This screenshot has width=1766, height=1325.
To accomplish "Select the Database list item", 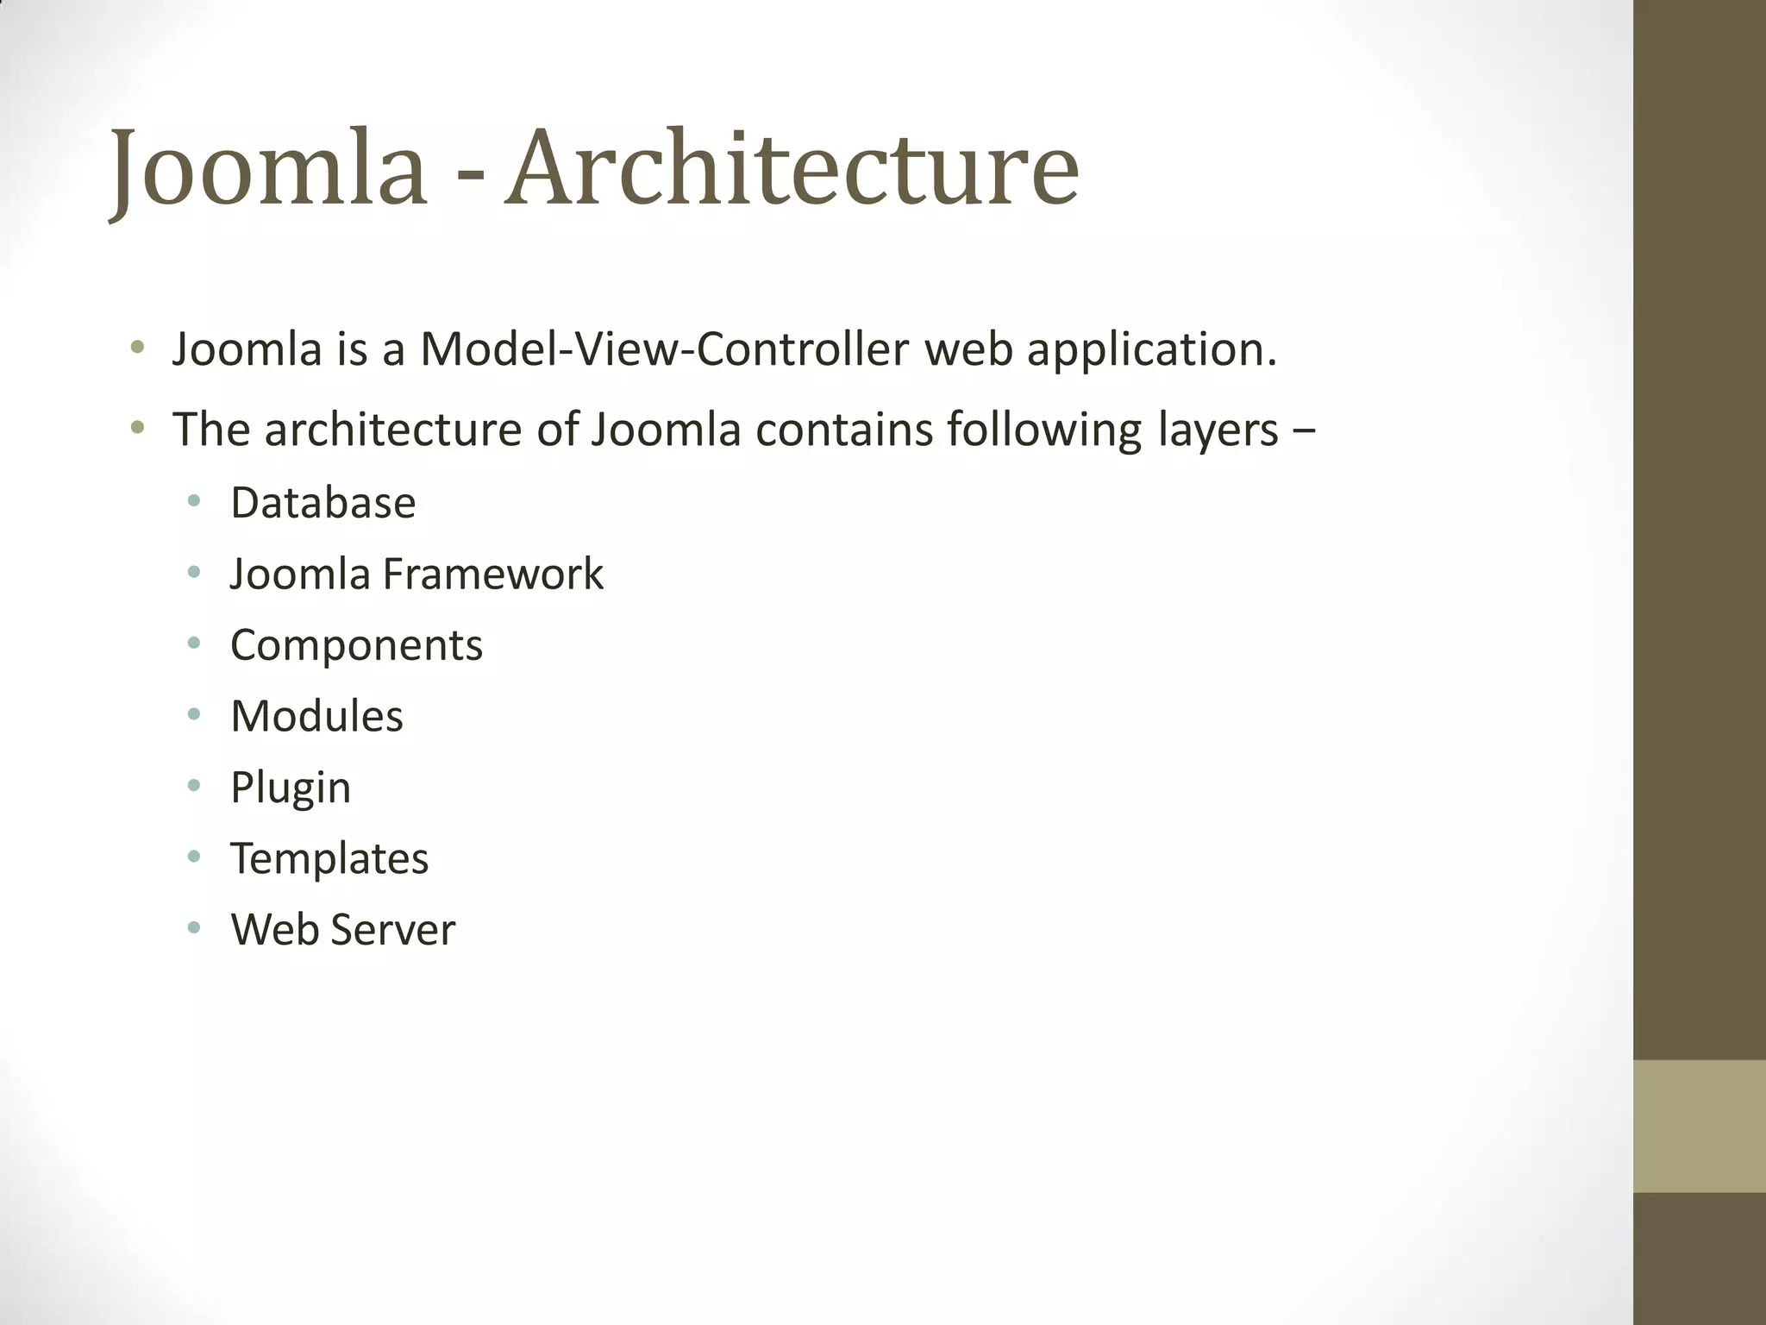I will (x=323, y=503).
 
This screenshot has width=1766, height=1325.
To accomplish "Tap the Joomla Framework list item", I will (x=416, y=575).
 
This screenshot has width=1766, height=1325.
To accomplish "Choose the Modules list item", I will (x=316, y=717).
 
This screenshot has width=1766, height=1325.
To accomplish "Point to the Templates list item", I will (x=329, y=859).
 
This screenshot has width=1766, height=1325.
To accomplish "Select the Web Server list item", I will (x=342, y=930).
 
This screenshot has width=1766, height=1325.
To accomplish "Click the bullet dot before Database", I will (x=194, y=500).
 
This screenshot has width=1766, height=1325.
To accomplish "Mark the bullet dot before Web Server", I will (x=194, y=927).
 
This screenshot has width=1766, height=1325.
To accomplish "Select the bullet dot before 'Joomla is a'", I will (x=136, y=348).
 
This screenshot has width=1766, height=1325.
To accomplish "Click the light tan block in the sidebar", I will (x=1700, y=1126).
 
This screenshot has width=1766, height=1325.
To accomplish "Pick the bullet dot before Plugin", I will (x=194, y=785).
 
